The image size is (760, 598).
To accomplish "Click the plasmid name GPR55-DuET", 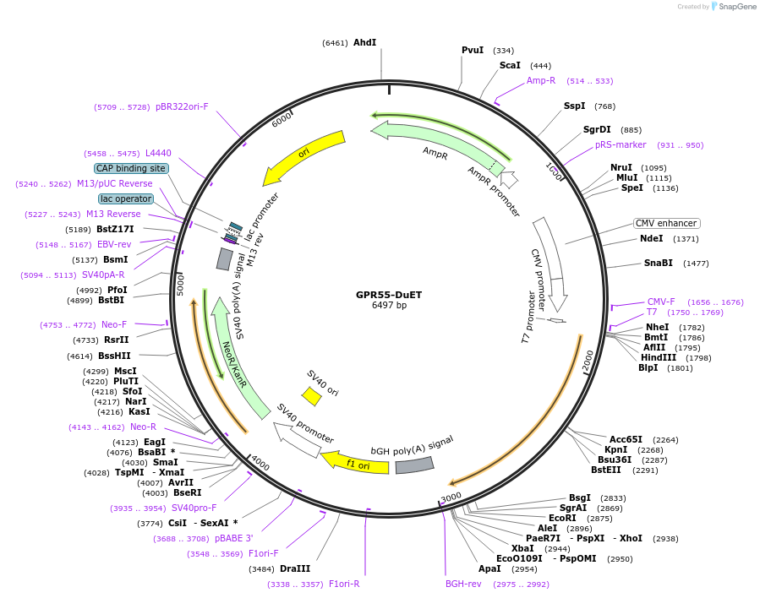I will (389, 295).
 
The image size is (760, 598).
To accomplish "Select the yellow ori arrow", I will (304, 156).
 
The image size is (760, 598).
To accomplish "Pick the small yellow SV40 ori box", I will (312, 395).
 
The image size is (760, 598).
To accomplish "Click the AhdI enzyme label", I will (364, 42).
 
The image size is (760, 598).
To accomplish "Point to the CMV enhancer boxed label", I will (666, 223).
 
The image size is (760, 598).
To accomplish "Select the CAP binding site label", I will (130, 168).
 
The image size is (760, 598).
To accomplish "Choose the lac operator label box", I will (126, 198).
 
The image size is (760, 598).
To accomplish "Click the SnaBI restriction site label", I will (658, 263).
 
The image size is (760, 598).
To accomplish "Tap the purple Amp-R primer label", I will (541, 81).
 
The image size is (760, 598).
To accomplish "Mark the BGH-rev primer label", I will (463, 584).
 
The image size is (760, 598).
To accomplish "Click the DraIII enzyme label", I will (295, 568).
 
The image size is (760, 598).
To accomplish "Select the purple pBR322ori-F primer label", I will (182, 107).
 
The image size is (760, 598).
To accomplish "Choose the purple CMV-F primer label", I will (661, 302).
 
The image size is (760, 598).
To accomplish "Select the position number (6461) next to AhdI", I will (335, 42).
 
